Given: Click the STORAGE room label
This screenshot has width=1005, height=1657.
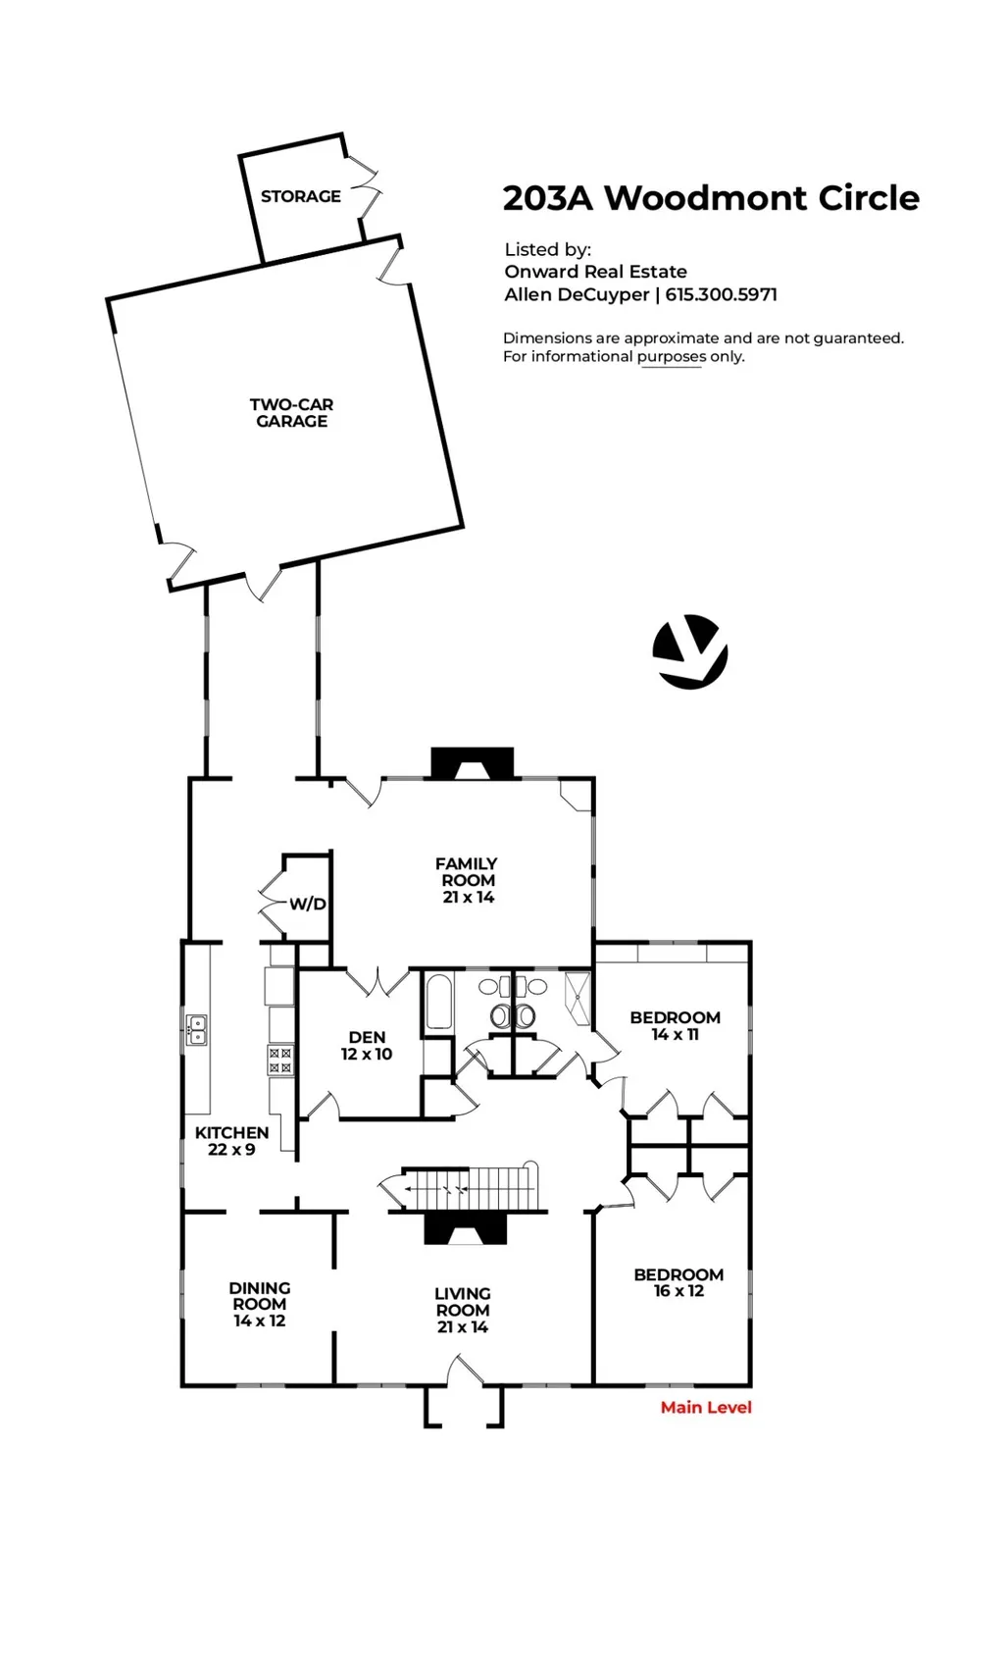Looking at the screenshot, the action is tap(300, 196).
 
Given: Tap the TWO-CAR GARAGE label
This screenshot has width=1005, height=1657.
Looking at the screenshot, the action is tap(291, 413).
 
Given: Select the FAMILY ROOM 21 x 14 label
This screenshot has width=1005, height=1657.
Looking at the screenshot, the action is tap(467, 880).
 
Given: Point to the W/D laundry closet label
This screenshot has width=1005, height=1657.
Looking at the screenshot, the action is tap(308, 904).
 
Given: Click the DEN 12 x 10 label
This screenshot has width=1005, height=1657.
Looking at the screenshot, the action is tap(367, 1046).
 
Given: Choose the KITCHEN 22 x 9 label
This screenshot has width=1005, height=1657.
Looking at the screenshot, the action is tap(231, 1141).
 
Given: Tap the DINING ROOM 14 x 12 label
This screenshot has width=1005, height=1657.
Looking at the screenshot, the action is tap(260, 1304).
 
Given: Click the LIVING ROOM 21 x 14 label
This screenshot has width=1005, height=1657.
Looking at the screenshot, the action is tap(462, 1310).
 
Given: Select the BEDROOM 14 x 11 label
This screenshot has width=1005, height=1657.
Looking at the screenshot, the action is tap(676, 1025).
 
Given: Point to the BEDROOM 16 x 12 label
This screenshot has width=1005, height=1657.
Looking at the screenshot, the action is tap(678, 1282).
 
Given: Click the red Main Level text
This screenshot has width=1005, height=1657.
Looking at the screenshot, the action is tap(706, 1407).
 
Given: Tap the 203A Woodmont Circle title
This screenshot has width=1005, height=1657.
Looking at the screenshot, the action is tap(711, 198).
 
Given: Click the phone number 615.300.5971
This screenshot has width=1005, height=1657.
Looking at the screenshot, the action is tap(721, 294).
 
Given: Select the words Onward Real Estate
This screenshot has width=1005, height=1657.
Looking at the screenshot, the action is tap(595, 272).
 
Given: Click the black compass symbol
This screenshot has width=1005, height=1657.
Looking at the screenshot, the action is tap(690, 652).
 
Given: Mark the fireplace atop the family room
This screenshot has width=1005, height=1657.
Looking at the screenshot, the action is tap(473, 763).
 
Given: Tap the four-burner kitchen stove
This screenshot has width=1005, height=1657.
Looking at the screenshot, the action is tap(280, 1060).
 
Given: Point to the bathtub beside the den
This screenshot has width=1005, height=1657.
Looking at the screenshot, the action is tap(439, 1002).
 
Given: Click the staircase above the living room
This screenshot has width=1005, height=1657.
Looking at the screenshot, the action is tap(470, 1186).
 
